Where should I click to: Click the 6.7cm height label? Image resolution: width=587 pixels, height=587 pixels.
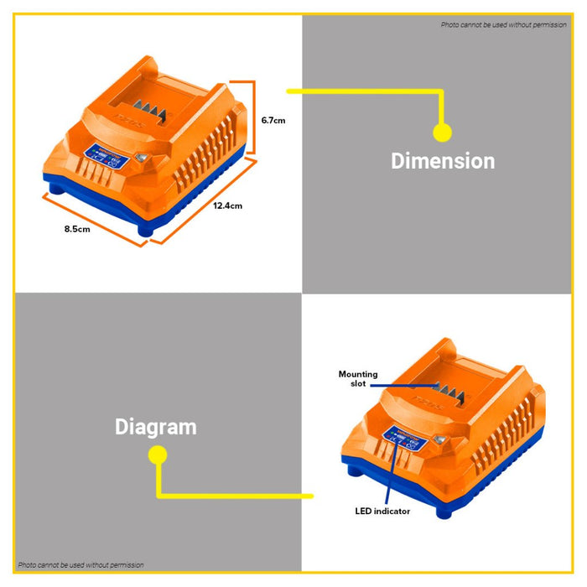tap(273, 120)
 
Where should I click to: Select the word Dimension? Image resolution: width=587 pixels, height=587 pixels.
tap(443, 160)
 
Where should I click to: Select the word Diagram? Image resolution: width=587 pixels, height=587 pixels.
tap(155, 427)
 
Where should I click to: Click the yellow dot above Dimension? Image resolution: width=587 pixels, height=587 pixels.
tap(442, 132)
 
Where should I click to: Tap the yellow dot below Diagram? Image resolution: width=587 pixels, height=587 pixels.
tap(156, 455)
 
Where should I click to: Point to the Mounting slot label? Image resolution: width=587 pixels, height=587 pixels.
tap(358, 378)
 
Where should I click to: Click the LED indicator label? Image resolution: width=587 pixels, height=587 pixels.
tap(382, 511)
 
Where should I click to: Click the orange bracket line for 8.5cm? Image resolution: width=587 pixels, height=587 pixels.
tap(93, 220)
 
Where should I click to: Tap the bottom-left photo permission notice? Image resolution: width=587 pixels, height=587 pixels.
tap(81, 564)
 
